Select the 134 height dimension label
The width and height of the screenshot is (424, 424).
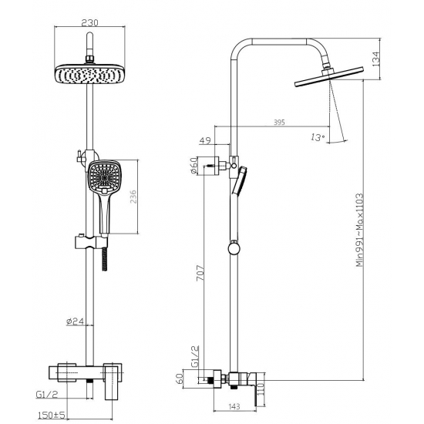376,59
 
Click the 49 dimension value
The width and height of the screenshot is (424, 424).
204,140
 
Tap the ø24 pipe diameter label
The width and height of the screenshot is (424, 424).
75,321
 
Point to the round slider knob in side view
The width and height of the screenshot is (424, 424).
232,248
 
